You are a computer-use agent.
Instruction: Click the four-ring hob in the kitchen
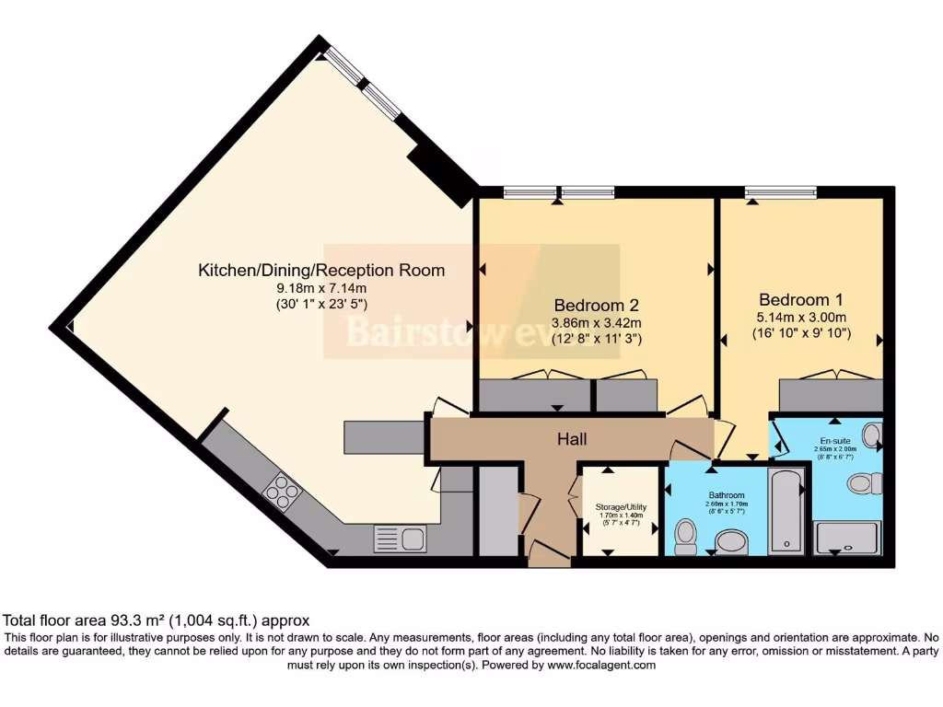[282, 491]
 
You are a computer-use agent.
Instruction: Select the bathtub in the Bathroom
[786, 511]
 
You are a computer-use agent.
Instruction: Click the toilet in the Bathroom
[686, 537]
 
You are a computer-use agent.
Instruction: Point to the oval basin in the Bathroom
[733, 541]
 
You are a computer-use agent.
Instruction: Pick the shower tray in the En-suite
[847, 537]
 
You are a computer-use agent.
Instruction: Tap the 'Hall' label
[572, 440]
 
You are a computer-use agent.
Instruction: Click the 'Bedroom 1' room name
[800, 299]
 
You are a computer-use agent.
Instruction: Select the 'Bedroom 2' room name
[596, 305]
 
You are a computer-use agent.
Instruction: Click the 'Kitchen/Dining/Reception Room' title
[321, 271]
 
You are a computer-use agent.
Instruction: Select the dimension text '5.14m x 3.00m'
[800, 316]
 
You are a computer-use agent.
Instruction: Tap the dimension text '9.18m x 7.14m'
[321, 287]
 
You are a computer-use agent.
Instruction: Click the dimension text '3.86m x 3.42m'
[596, 322]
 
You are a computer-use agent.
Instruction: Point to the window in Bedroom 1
[781, 192]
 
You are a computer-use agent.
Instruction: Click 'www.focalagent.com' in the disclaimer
[599, 665]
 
